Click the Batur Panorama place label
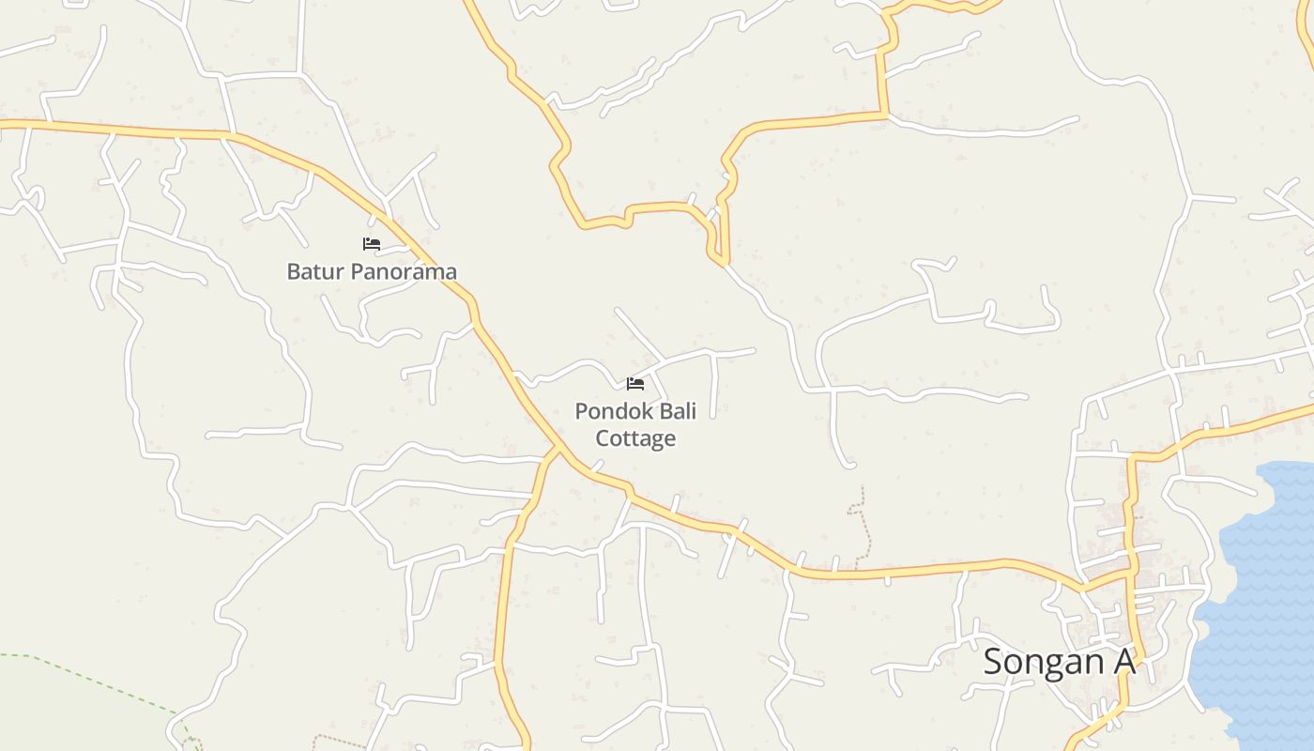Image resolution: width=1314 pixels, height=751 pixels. coord(372,271)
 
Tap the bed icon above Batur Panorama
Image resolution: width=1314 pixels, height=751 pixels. coord(372,244)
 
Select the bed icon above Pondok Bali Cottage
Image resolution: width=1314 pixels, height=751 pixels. coord(635,383)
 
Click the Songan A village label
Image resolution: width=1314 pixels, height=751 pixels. coord(1059,662)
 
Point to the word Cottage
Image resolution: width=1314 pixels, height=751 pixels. coord(635,438)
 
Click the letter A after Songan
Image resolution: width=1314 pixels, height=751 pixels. coord(1124,662)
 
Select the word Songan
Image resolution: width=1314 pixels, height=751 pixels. coord(1045,662)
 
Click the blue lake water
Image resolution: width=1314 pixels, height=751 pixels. coord(1258,610)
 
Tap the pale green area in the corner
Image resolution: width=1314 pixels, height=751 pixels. coord(56,713)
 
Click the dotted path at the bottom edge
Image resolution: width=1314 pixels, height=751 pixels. coord(338,741)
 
